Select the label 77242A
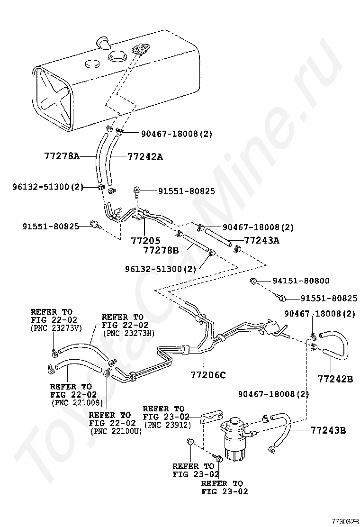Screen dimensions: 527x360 [x=145, y=156]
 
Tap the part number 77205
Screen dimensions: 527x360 [x=145, y=240]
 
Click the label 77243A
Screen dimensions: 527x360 [x=261, y=240]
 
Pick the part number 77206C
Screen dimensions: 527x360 [x=209, y=375]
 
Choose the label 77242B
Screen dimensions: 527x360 [x=335, y=379]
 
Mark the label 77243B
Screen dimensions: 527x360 [x=328, y=431]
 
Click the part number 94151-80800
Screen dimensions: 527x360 [x=301, y=281]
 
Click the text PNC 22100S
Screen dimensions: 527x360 [x=76, y=402]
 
